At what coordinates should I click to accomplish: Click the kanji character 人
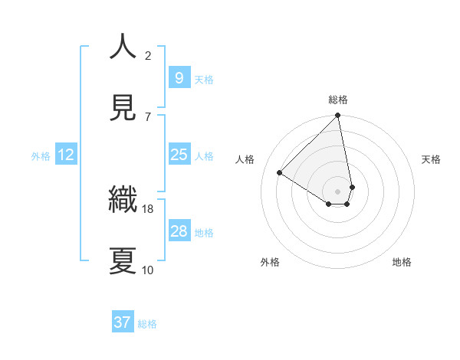(x=123, y=47)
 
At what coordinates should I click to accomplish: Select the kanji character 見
(x=123, y=108)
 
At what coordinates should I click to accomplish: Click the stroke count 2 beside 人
(x=148, y=56)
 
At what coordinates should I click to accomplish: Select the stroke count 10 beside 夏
(x=148, y=270)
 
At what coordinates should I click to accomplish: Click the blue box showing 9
(x=179, y=78)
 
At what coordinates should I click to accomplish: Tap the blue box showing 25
(x=179, y=155)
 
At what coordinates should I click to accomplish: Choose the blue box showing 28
(x=179, y=231)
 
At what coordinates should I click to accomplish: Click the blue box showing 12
(x=66, y=155)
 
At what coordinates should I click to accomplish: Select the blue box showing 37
(x=123, y=322)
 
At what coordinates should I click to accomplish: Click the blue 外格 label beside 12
(x=41, y=156)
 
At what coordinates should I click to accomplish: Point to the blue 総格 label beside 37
(x=147, y=324)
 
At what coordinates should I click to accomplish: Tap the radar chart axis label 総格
(x=338, y=100)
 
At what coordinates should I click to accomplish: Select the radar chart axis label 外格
(x=270, y=262)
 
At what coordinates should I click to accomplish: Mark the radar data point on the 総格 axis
(x=338, y=116)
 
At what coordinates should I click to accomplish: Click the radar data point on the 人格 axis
(x=280, y=173)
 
